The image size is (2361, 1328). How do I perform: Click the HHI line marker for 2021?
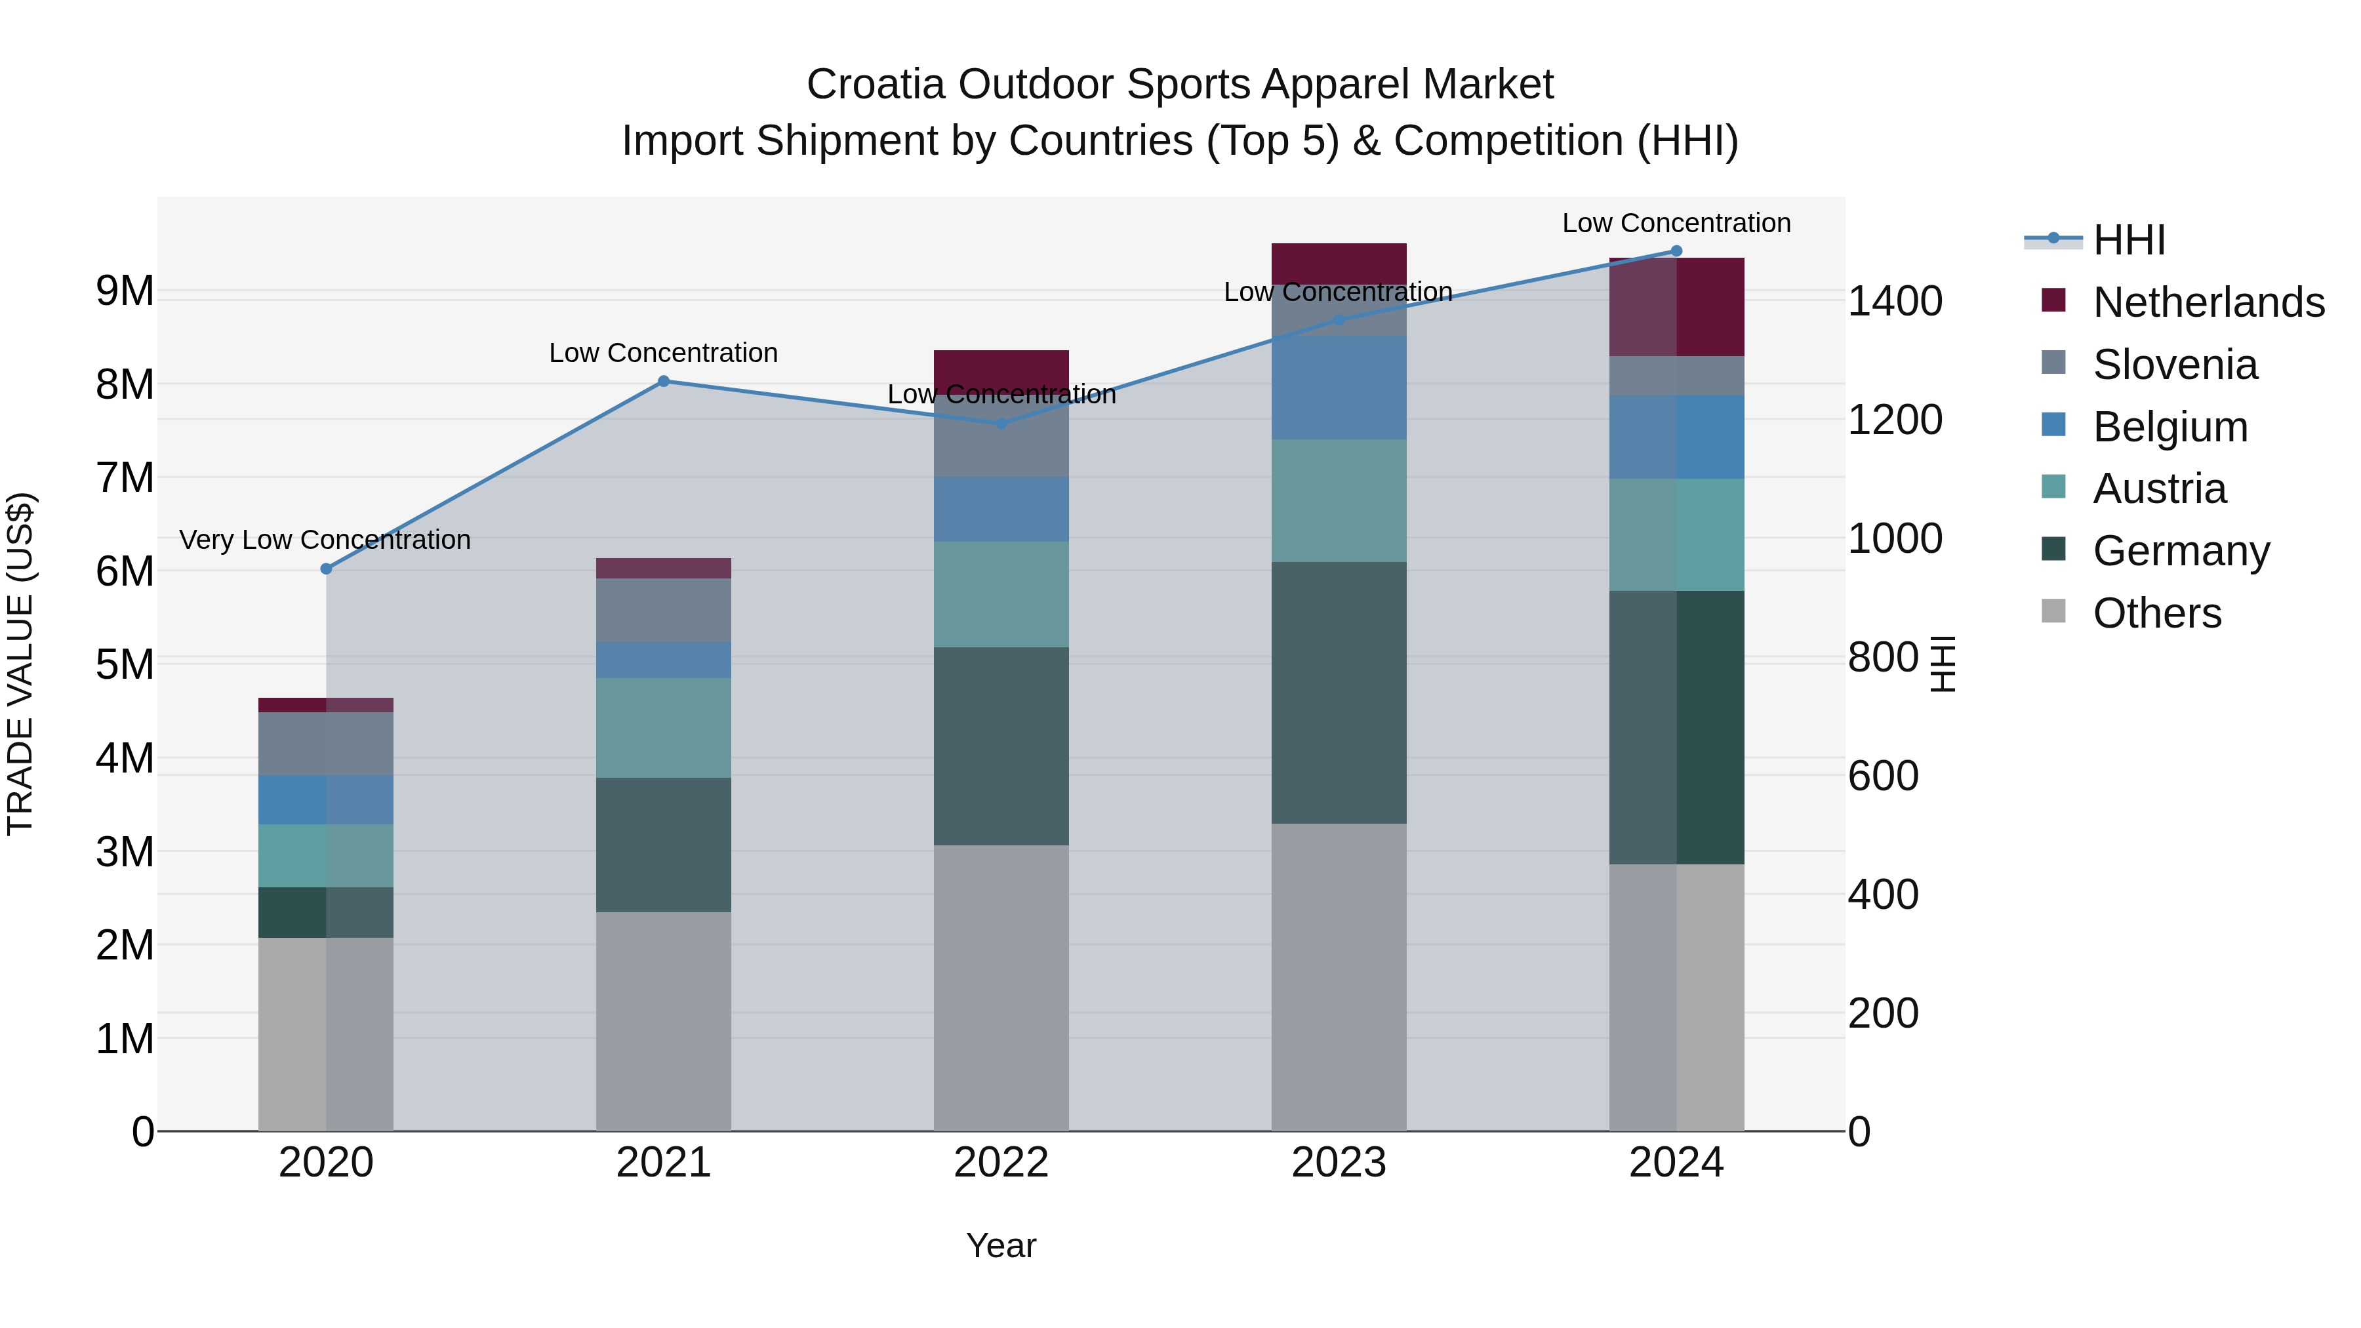point(664,381)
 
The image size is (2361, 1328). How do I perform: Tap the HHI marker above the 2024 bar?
point(1676,251)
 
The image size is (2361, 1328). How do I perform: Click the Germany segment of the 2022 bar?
point(1001,746)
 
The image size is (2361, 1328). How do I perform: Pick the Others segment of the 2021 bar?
point(664,1021)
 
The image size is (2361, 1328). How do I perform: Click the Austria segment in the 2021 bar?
point(664,728)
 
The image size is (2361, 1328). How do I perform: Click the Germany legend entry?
point(2181,551)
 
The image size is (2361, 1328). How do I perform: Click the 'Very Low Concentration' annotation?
point(325,540)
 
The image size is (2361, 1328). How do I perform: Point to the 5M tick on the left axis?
point(125,664)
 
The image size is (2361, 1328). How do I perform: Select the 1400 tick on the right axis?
point(1893,302)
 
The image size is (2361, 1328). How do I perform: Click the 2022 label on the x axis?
point(1001,1163)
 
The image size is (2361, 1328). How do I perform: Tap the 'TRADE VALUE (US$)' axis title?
point(20,664)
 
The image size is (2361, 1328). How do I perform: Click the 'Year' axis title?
point(1001,1245)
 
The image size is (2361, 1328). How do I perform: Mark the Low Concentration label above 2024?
point(1676,223)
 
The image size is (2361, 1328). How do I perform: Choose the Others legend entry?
point(2156,613)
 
